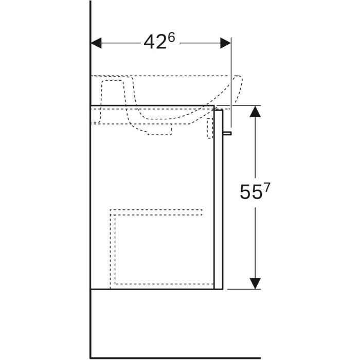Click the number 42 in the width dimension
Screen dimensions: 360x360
[x=155, y=42]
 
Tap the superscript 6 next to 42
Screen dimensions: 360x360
[x=171, y=38]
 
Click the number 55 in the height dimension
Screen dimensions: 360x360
[x=251, y=192]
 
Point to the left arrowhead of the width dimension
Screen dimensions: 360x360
[x=96, y=43]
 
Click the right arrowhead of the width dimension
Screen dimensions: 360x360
[x=225, y=43]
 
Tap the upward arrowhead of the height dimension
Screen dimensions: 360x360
[x=255, y=112]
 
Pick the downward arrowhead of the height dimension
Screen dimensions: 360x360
[x=255, y=283]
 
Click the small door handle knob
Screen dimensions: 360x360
[x=227, y=133]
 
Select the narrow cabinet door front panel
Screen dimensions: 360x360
[x=219, y=200]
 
